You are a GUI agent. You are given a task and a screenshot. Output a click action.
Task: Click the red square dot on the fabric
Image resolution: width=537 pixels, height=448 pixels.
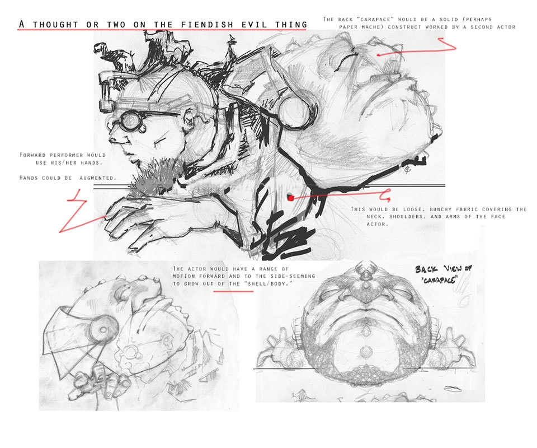pyautogui.click(x=290, y=197)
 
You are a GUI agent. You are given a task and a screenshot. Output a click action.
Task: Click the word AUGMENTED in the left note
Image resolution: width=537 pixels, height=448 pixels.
pyautogui.click(x=97, y=178)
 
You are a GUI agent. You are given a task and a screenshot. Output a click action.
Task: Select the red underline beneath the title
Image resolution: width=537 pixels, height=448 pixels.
pyautogui.click(x=162, y=30)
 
